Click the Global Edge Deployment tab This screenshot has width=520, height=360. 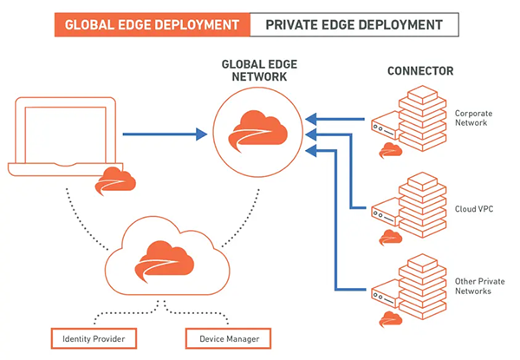(149, 23)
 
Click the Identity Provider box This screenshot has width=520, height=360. (94, 337)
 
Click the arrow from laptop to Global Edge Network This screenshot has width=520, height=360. (165, 134)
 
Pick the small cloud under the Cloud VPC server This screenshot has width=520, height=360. (390, 233)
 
